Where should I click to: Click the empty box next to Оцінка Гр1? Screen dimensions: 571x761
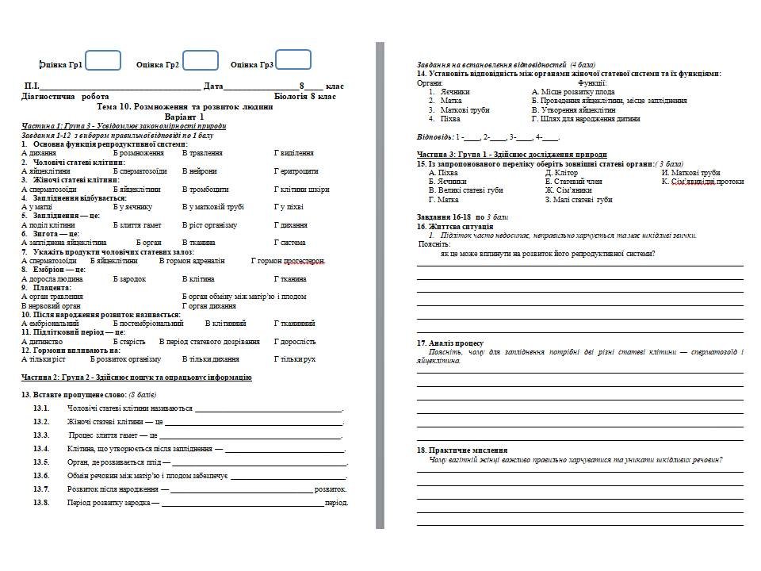point(103,61)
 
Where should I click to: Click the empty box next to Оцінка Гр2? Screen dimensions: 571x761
point(201,61)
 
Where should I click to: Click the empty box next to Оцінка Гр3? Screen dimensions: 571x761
point(293,60)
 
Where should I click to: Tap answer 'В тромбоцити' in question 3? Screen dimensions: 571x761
point(205,190)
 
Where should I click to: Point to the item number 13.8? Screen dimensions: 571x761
point(41,503)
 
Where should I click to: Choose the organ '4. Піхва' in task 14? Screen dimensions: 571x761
point(445,118)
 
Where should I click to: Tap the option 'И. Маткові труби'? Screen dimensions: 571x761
point(690,172)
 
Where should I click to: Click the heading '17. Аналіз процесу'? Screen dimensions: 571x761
point(449,343)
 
